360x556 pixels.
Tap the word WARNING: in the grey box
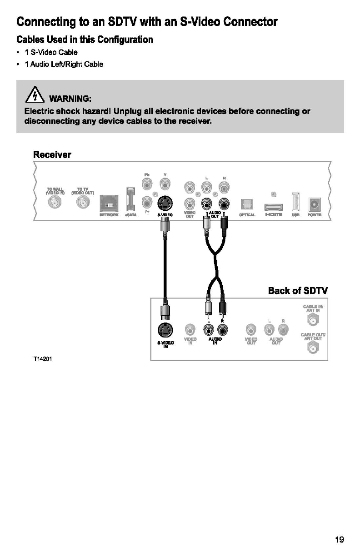point(70,99)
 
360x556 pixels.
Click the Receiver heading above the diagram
point(52,154)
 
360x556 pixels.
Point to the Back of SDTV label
point(298,291)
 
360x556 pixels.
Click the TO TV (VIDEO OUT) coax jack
point(83,204)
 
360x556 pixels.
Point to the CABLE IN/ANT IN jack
point(312,321)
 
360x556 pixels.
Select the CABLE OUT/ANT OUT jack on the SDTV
point(312,348)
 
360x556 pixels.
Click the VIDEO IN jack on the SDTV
point(190,329)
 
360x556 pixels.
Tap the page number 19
point(339,540)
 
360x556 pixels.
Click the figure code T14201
point(42,358)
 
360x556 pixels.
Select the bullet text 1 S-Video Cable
point(51,52)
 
